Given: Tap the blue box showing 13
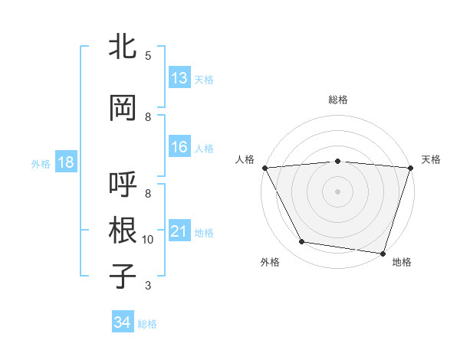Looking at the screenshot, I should point(179,79).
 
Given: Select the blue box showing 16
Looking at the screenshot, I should point(179,148).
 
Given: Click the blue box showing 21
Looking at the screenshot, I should point(179,232).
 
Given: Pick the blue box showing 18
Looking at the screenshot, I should point(65,163).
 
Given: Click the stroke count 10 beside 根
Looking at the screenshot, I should point(148,240).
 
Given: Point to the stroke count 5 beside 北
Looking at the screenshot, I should point(148,55).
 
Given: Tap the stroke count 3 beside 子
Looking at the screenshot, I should point(148,286).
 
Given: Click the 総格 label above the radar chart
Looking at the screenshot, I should point(338,100).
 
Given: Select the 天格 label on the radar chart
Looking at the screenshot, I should point(432,159).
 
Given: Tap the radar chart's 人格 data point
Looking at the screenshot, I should point(264,168).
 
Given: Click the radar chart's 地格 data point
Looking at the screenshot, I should point(383,253).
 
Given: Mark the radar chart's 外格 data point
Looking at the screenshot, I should point(302,242).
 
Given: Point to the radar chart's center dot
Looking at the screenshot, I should point(338,191).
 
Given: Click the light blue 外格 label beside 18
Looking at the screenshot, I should point(40,164).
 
